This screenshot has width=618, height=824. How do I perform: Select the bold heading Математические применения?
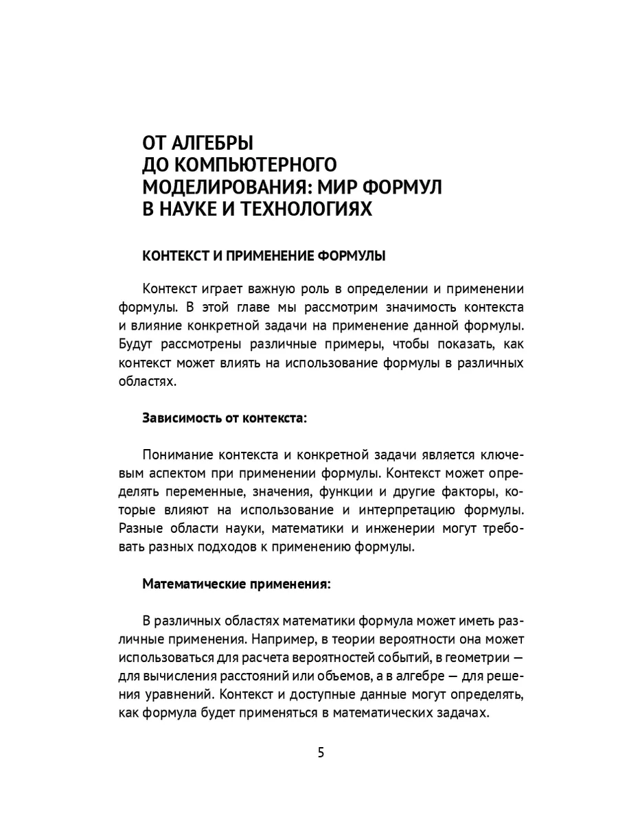236,584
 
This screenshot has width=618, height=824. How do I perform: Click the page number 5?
321,751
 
